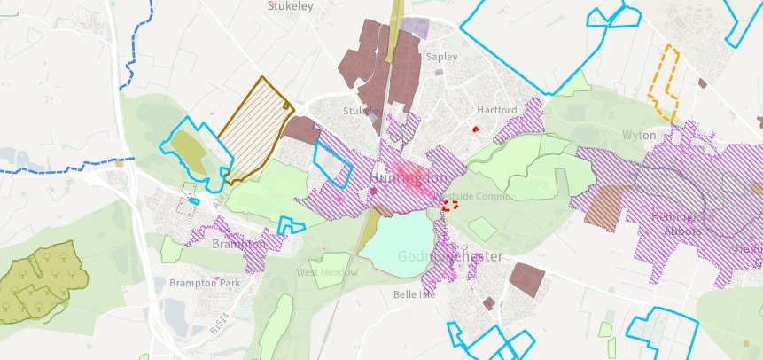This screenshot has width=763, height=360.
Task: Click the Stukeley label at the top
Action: click(291, 5)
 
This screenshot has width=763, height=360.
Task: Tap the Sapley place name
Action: click(441, 57)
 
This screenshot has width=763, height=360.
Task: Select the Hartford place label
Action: click(496, 110)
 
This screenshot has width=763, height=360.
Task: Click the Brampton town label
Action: click(239, 244)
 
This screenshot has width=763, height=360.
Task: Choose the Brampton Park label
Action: click(205, 283)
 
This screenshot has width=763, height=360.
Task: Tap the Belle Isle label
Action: click(414, 294)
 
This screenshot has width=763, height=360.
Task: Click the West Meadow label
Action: click(327, 272)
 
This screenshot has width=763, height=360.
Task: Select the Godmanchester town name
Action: click(449, 256)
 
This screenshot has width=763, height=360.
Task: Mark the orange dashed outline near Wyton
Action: click(666, 84)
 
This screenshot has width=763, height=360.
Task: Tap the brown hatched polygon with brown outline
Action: click(253, 131)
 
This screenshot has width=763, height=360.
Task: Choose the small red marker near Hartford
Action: click(476, 129)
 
